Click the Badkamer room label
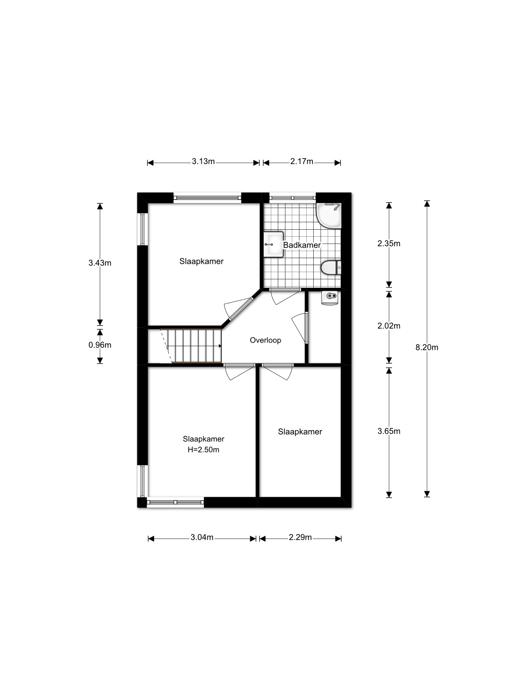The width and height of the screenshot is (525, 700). coord(301,245)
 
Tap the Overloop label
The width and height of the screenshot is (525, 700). coord(265,340)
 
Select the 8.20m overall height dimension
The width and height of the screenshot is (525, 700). coord(427,347)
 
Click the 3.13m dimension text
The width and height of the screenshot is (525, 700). coord(203,161)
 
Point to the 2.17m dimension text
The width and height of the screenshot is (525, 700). coord(301,161)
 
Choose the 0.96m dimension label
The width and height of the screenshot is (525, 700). coord(100,345)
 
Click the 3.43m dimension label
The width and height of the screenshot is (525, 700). coord(100,263)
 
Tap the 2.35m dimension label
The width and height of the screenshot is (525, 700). coord(389,243)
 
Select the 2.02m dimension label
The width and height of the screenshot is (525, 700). coord(389,325)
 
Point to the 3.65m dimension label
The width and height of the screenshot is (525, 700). coord(389,431)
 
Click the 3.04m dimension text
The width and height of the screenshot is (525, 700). coord(202,537)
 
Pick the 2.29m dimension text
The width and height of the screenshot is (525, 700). coord(300,537)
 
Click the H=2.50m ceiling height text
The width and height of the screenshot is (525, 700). coord(203,450)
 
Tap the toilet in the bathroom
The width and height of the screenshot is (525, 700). coord(331,268)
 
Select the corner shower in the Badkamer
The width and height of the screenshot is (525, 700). coord(329,216)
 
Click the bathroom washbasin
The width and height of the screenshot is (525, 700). coord(273,244)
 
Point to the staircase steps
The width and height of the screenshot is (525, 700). coord(191,346)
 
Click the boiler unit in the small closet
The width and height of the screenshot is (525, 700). coord(330,298)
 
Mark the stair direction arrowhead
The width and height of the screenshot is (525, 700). coord(220,346)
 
